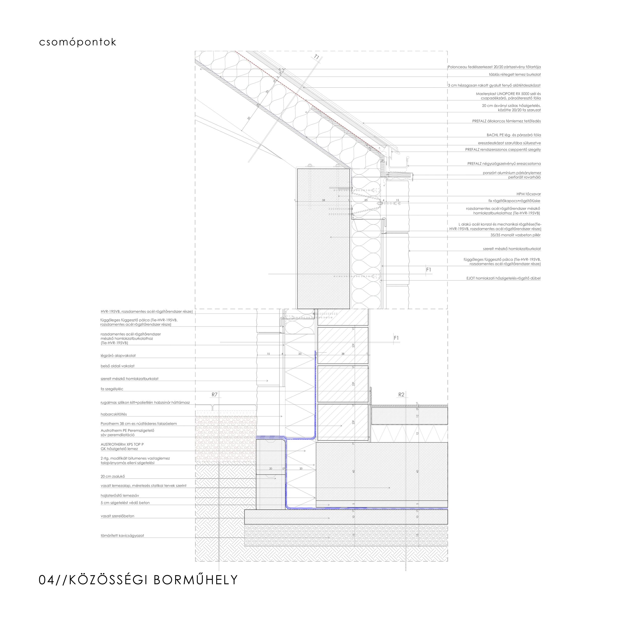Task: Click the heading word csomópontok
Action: [78, 42]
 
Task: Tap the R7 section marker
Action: [214, 394]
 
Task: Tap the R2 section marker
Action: [401, 394]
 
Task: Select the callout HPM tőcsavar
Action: [528, 194]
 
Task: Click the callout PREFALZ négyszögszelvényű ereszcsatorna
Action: [504, 164]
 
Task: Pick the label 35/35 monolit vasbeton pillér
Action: [515, 235]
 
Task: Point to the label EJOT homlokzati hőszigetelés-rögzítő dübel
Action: [503, 278]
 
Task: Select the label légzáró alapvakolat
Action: [118, 356]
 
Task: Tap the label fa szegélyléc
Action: [112, 389]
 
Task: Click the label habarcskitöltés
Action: [114, 414]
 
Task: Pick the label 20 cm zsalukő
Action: [113, 477]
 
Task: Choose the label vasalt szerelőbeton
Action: [117, 516]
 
